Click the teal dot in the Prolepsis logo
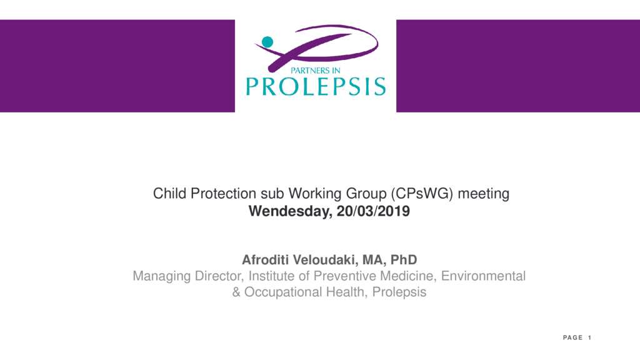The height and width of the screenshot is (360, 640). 267,42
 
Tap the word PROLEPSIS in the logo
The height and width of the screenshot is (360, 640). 316,86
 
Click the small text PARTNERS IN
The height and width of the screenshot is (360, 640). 315,71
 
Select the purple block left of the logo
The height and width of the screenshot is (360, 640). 117,66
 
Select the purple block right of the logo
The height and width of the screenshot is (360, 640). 518,66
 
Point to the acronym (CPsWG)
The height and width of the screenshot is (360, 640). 422,194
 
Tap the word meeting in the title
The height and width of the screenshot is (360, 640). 483,194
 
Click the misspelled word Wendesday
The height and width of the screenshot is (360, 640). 290,211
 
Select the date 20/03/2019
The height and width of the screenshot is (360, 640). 373,211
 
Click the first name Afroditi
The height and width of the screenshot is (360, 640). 266,259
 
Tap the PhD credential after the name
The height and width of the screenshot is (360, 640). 404,259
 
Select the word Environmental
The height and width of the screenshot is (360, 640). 483,276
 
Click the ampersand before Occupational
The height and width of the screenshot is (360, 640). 236,292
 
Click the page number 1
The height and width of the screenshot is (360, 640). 590,337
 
